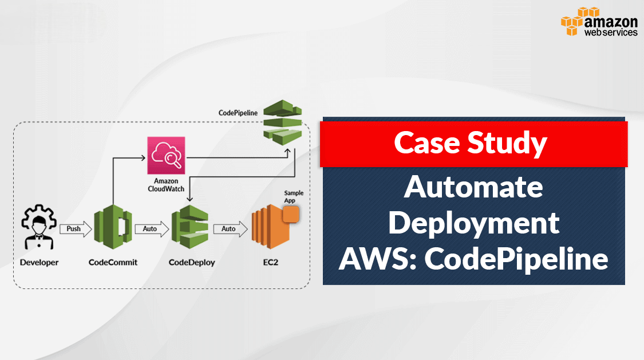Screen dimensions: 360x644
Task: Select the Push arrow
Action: pos(74,229)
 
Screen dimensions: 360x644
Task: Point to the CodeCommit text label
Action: pos(113,263)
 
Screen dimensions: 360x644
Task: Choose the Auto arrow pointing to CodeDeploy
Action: pos(151,229)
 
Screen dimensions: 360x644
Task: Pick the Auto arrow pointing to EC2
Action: pos(230,229)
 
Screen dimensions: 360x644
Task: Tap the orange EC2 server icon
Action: pos(272,229)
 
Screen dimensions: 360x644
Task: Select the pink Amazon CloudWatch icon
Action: pos(166,155)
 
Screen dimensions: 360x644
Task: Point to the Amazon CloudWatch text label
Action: pos(166,185)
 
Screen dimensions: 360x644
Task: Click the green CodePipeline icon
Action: pos(282,120)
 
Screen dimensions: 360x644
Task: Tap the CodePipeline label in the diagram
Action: pos(238,113)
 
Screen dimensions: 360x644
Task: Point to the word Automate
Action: pos(473,187)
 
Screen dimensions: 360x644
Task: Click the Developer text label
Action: pos(39,263)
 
